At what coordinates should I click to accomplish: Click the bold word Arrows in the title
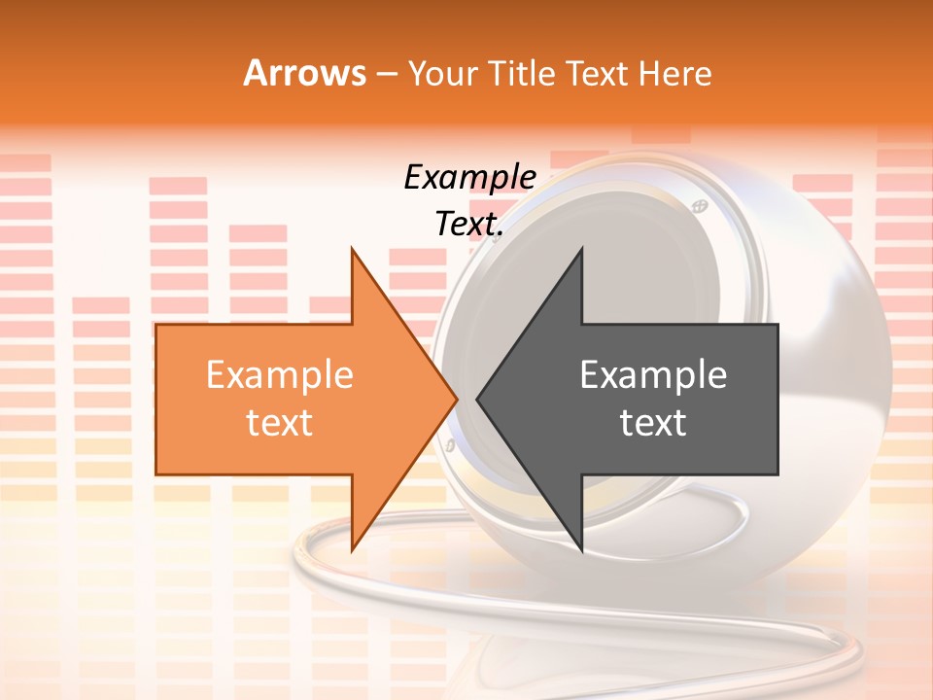(x=304, y=73)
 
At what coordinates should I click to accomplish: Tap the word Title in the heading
(x=522, y=73)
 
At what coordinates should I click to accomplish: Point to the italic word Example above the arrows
(x=469, y=177)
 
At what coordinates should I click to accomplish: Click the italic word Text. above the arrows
(x=469, y=224)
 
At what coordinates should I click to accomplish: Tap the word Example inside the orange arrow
(x=280, y=374)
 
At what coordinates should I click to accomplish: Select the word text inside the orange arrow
(x=280, y=423)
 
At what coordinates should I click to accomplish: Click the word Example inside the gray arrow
(x=653, y=374)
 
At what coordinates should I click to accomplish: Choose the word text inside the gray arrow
(x=653, y=423)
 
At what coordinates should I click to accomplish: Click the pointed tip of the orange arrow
(x=458, y=399)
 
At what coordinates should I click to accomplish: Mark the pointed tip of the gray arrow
(x=476, y=399)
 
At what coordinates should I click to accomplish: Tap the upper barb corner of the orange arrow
(x=352, y=248)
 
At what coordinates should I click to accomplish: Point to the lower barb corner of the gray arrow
(x=581, y=550)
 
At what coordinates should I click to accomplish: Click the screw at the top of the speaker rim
(x=698, y=205)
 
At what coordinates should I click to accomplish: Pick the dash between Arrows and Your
(x=387, y=74)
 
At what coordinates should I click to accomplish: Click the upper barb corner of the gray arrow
(x=581, y=248)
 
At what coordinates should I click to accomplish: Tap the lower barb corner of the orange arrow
(x=352, y=550)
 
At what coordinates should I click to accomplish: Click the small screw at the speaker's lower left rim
(x=450, y=445)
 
